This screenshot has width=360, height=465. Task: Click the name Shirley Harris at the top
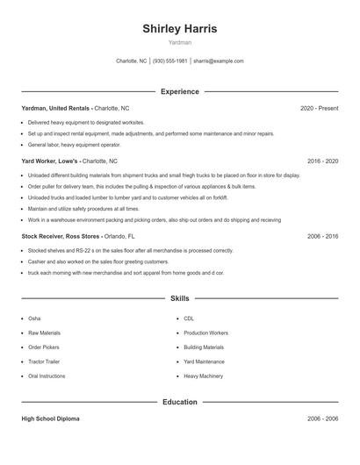click(x=180, y=29)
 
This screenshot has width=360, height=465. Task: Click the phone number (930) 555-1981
click(x=170, y=61)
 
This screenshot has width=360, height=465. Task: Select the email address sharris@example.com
click(x=219, y=61)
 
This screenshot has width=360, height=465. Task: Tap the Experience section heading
click(x=180, y=91)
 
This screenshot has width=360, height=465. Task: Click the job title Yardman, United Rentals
click(x=56, y=108)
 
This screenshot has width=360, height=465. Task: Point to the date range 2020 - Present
click(x=319, y=108)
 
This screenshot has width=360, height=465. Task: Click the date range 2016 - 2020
click(x=323, y=161)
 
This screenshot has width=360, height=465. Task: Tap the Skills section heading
click(x=180, y=299)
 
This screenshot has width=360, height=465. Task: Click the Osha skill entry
click(x=34, y=318)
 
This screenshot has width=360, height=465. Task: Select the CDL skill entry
click(x=189, y=318)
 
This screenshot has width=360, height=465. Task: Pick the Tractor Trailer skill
click(x=44, y=361)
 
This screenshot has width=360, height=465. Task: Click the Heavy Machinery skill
click(x=203, y=376)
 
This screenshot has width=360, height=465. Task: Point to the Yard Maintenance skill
click(x=204, y=361)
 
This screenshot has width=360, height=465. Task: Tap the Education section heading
click(x=180, y=402)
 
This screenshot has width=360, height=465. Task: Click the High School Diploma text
click(x=50, y=418)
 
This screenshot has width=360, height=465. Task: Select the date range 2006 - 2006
click(x=323, y=418)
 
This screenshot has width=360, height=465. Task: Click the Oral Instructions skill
click(x=47, y=376)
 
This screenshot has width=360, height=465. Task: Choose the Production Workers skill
click(x=205, y=333)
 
